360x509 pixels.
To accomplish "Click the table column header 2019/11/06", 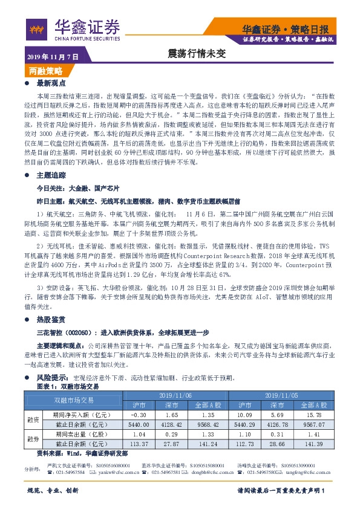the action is (x=175, y=394).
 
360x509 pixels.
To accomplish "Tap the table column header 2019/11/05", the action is (x=283, y=394).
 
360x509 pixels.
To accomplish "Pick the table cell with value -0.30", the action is (x=139, y=415).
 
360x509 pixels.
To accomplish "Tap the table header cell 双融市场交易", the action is (x=74, y=400).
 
